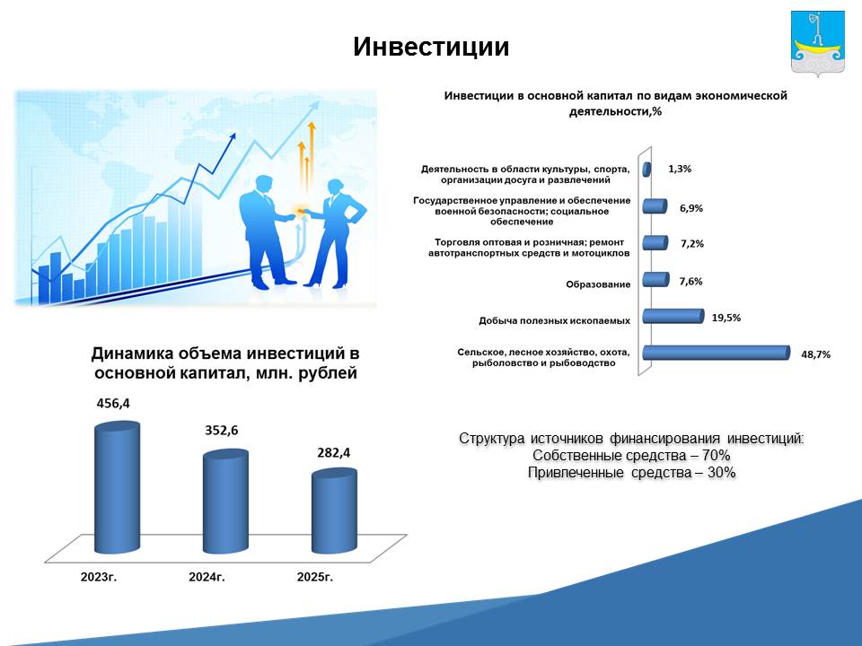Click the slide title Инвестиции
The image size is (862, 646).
coord(431,48)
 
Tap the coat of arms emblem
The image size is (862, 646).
coord(818,43)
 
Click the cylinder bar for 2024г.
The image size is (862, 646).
coord(225,501)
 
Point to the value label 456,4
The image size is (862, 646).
coord(113,403)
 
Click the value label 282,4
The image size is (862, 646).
coord(333,452)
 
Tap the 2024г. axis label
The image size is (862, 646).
coord(207,577)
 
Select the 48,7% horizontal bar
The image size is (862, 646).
coord(717,353)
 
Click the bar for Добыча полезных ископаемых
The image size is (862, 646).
coord(673,316)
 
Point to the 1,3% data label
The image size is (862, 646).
coord(680,169)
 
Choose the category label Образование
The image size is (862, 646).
coord(598,284)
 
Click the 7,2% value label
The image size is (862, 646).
coord(692,243)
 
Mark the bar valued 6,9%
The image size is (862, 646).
coord(655,206)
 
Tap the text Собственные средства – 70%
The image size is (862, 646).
coord(631,456)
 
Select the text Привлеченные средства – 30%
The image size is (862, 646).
coord(631,473)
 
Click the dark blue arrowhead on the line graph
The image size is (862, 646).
coord(232,137)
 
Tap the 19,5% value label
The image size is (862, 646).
coord(726,318)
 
